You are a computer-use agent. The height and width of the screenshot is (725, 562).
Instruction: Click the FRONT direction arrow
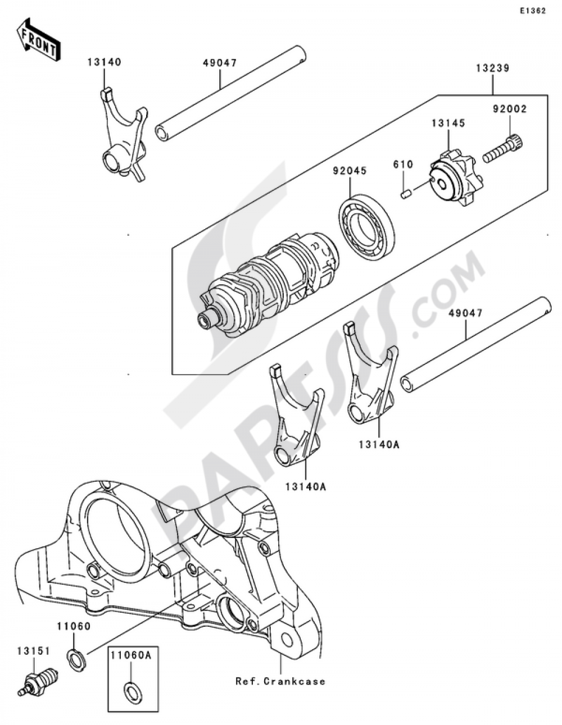tap(38, 39)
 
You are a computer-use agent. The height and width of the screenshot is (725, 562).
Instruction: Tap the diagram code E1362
tap(532, 11)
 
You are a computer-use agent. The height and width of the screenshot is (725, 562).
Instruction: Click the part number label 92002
tap(510, 109)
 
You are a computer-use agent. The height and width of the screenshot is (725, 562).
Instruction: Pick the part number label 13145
tap(448, 123)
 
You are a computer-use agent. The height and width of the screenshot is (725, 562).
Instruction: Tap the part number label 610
tap(403, 164)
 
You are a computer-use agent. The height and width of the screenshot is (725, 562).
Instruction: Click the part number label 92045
tap(350, 171)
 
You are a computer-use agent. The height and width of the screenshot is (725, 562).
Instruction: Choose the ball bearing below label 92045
tap(366, 222)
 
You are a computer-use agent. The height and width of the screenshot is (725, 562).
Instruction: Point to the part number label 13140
tap(105, 62)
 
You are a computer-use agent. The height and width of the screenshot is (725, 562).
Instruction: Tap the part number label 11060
tap(74, 627)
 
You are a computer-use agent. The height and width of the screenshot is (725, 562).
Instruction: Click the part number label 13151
tap(33, 651)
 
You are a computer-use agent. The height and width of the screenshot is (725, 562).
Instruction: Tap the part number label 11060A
tap(131, 656)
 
